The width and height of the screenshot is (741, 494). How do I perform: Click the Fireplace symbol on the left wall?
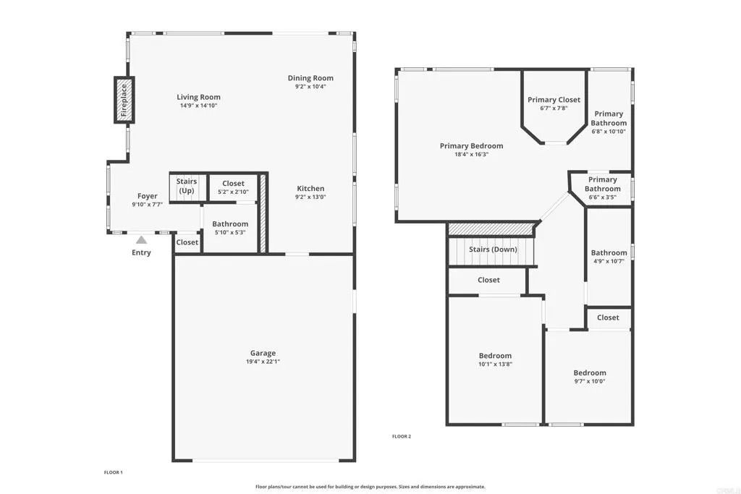[x=123, y=100]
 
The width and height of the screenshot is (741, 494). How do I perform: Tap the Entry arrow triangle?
[x=142, y=240]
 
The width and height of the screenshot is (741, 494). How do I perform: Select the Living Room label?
[x=198, y=97]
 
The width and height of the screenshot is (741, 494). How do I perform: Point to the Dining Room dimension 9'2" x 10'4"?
[x=310, y=87]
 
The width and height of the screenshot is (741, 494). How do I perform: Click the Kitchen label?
[x=310, y=189]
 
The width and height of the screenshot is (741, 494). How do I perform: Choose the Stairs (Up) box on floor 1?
[x=187, y=186]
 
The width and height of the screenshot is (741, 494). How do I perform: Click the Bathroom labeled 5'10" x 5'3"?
[x=230, y=228]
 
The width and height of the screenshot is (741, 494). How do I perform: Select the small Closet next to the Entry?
[x=187, y=242]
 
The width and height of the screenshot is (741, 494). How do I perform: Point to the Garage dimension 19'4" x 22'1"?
[x=263, y=361]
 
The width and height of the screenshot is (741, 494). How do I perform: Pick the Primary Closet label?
[x=554, y=100]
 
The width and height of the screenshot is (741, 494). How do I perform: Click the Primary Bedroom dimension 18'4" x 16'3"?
[x=471, y=154]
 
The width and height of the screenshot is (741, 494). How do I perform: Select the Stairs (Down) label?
[x=493, y=250]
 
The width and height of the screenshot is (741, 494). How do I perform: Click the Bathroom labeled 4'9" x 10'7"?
[x=608, y=257]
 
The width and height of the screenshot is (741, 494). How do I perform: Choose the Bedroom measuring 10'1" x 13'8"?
[x=495, y=359]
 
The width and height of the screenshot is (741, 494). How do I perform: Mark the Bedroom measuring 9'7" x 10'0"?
[x=590, y=377]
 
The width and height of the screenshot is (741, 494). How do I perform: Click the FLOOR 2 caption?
[x=401, y=436]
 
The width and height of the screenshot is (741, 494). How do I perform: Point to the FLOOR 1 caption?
[x=114, y=472]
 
